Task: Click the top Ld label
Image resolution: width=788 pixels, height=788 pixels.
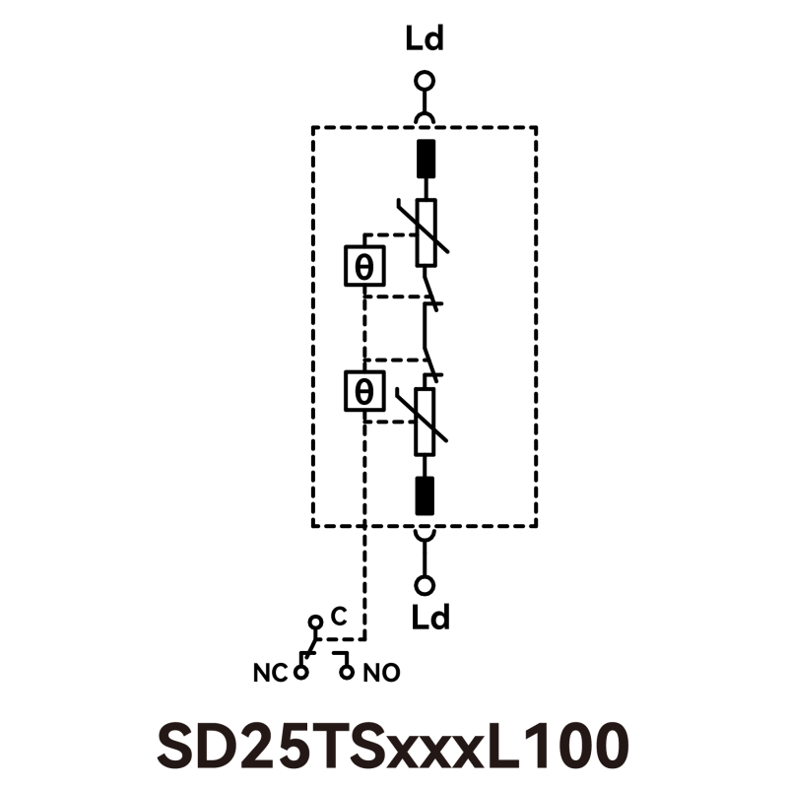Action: coord(425,40)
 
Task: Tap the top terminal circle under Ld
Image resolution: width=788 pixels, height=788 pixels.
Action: coord(425,81)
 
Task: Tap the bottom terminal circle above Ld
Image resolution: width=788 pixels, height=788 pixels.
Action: coord(425,585)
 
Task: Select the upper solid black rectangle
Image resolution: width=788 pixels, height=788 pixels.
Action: coord(426,159)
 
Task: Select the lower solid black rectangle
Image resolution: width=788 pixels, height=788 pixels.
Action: coord(426,494)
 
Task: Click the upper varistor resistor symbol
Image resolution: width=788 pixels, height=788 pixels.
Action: coord(426,232)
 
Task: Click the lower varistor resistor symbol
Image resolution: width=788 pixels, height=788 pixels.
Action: coord(426,421)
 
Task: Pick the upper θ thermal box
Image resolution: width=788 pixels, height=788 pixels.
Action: coord(363,265)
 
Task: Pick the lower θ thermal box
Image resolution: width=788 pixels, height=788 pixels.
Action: coord(363,391)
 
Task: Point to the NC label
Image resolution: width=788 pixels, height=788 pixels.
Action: coord(270,674)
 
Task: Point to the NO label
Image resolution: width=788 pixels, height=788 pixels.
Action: coord(382,674)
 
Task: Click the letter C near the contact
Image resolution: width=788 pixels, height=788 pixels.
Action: coord(337,618)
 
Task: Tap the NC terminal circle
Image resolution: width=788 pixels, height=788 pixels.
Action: coord(300,673)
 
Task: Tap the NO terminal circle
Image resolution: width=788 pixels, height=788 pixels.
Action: coord(346,673)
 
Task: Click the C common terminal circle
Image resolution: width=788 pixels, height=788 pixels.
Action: coord(315,623)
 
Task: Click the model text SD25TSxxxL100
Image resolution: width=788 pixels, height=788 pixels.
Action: coord(392,745)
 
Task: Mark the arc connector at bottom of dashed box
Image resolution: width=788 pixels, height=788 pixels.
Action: coord(425,533)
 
